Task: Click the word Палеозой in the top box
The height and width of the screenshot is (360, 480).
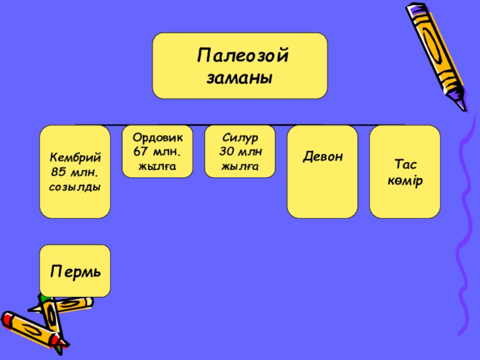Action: click(x=243, y=57)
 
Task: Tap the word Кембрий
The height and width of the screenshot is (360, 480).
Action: click(x=75, y=157)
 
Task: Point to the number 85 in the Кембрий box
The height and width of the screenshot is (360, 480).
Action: click(x=58, y=172)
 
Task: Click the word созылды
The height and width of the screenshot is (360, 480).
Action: click(x=75, y=187)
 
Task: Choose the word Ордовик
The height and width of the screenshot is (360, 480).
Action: click(x=158, y=137)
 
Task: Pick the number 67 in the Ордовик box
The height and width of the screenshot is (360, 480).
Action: click(x=142, y=151)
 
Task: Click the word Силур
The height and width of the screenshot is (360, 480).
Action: click(x=239, y=137)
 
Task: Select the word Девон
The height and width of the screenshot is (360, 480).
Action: click(x=323, y=157)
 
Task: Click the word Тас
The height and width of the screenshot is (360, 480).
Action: click(x=405, y=164)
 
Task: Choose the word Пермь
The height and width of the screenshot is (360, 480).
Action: click(x=75, y=271)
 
